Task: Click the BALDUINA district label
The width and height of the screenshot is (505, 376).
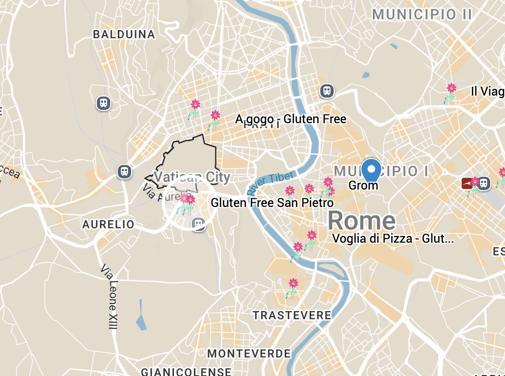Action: coord(124,35)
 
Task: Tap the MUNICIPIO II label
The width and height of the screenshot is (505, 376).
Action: coord(422,14)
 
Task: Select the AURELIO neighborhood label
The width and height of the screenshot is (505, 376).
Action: coord(108,224)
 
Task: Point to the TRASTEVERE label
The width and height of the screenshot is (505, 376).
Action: coord(292,315)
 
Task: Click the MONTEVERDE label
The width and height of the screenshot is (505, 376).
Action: coord(249,354)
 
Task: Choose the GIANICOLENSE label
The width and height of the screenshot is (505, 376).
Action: coord(186,371)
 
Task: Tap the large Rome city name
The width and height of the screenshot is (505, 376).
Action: coord(361,221)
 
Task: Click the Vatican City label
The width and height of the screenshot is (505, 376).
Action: coord(192,177)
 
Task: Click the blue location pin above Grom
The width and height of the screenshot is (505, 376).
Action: coord(371,170)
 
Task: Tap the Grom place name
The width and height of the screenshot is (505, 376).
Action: coord(363,185)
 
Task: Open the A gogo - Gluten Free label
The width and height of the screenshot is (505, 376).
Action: coord(291,120)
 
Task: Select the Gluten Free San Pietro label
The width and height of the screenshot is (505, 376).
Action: coord(272,203)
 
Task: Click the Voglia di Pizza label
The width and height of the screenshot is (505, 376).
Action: coord(393,238)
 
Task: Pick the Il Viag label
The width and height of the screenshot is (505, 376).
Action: coord(487,91)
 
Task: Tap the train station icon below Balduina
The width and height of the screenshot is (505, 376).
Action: coord(104,103)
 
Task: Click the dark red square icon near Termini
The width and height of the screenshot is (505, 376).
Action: coord(466,183)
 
